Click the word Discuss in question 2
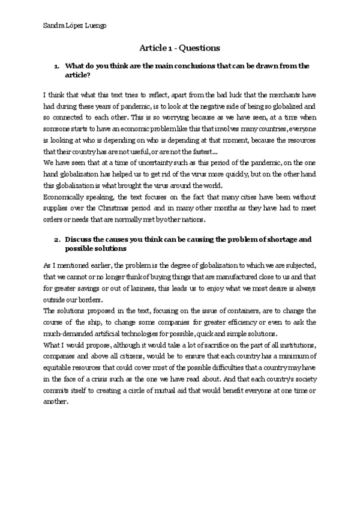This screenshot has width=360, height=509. (x=78, y=239)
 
